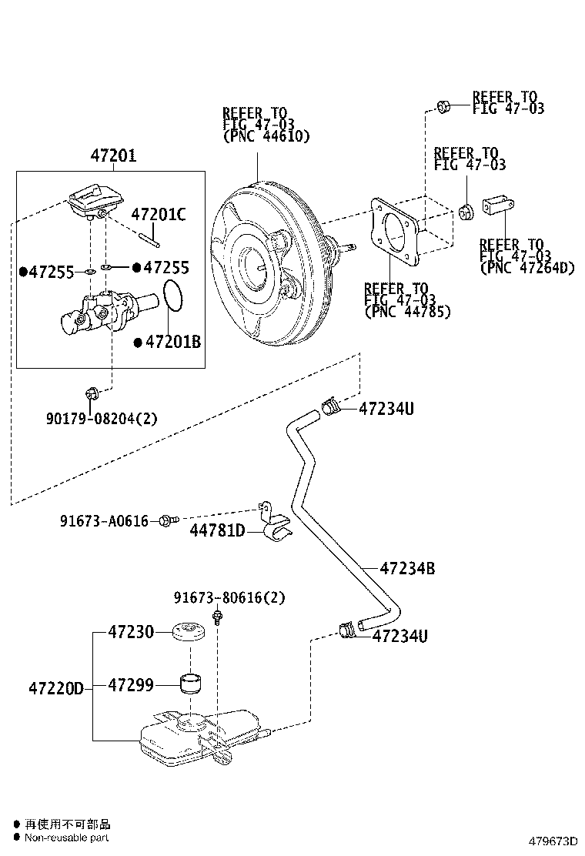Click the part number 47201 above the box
pos(113,156)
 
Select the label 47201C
pos(158,215)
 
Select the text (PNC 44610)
pos(266,137)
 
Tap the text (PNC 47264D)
pos(527,268)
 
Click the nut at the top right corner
pos(443,107)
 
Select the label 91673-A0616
pos(104,521)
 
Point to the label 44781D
pos(217,530)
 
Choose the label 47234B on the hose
pos(407,569)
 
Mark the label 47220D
pos(55,686)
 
